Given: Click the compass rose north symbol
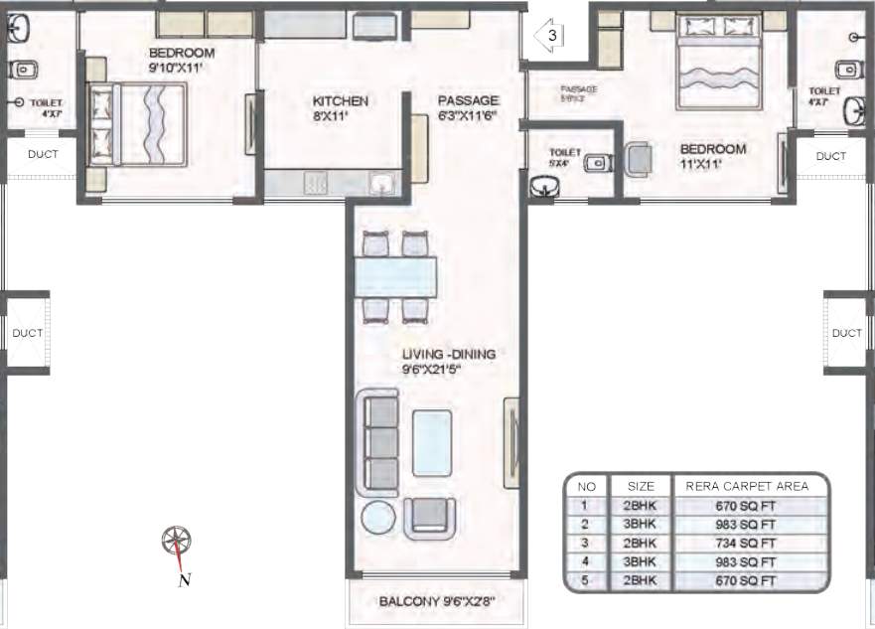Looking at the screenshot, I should pyautogui.click(x=177, y=542).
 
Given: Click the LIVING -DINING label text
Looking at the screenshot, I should pyautogui.click(x=448, y=362).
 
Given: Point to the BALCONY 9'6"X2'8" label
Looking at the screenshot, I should pyautogui.click(x=437, y=602).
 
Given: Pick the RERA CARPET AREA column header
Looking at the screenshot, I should pyautogui.click(x=749, y=486).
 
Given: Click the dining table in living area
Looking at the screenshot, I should pyautogui.click(x=396, y=275).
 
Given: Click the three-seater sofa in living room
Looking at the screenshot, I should pyautogui.click(x=377, y=441).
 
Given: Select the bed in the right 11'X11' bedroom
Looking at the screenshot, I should pyautogui.click(x=717, y=62).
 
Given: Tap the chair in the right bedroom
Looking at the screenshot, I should pyautogui.click(x=639, y=157).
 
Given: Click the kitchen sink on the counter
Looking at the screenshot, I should pyautogui.click(x=380, y=183).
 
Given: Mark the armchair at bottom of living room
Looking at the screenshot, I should pyautogui.click(x=430, y=515).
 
